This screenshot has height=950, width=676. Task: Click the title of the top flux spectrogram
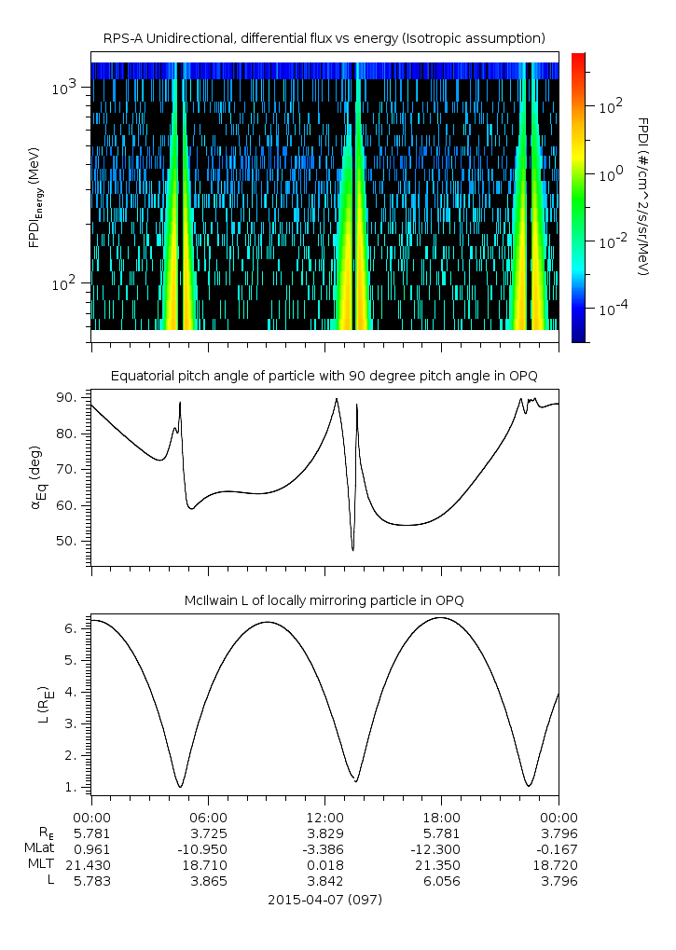coord(324,38)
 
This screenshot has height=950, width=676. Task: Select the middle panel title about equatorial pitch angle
coord(324,376)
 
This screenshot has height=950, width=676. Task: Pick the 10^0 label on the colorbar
coord(607,173)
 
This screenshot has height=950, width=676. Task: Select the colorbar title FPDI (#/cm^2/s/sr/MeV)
coord(642,196)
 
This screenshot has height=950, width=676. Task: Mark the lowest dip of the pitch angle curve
coord(352,550)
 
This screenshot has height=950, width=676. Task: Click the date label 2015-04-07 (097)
coord(324,900)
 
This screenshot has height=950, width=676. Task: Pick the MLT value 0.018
coord(324,865)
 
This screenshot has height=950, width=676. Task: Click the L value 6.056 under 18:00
coord(441,882)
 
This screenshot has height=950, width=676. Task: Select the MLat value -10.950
coord(208,848)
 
